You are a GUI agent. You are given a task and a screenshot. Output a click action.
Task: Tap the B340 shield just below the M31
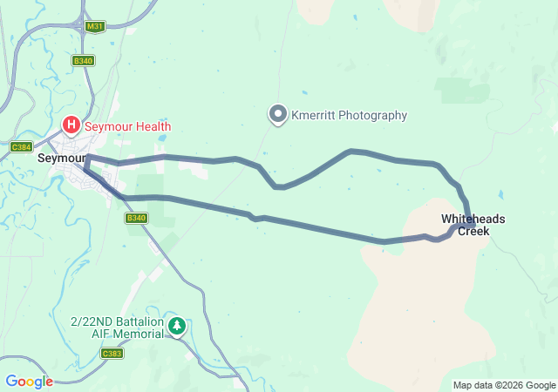pos(84,60)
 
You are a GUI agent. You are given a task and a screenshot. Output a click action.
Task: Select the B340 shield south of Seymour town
pos(134,218)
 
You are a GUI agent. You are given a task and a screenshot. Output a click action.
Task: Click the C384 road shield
pos(21,148)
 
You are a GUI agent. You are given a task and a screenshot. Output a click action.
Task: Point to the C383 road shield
pos(112,353)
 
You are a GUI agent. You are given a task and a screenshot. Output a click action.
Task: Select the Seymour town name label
pos(60,159)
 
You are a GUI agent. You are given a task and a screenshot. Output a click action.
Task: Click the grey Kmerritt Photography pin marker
pos(278,115)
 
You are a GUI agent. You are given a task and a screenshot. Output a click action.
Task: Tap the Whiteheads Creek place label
pos(473,225)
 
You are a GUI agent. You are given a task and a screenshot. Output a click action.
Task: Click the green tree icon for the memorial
pos(177,327)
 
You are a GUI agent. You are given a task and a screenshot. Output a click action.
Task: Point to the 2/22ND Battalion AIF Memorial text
pos(118,328)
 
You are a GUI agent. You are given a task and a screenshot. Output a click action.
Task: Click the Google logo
pos(29,382)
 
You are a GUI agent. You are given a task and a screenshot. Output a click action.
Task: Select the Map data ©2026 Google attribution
pos(504,385)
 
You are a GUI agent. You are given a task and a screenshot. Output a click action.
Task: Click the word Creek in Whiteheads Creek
pos(473,232)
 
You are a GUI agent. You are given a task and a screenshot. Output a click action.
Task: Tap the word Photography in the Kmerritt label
pos(372,115)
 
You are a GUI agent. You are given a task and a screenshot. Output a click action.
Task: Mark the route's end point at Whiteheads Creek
pos(472,226)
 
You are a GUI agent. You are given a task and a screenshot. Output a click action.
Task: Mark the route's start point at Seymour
pos(87,158)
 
